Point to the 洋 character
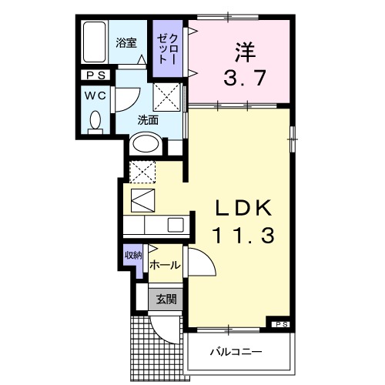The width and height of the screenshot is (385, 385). click(x=245, y=52)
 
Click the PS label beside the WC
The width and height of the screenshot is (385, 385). click(x=95, y=75)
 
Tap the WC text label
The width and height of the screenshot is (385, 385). click(x=95, y=95)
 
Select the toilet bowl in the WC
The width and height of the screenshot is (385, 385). click(x=95, y=122)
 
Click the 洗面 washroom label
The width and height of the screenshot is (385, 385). click(x=148, y=119)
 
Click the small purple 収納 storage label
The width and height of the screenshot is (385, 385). click(x=132, y=255)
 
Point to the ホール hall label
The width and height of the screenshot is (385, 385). click(x=165, y=265)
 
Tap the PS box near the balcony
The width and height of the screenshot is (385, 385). click(x=280, y=323)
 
